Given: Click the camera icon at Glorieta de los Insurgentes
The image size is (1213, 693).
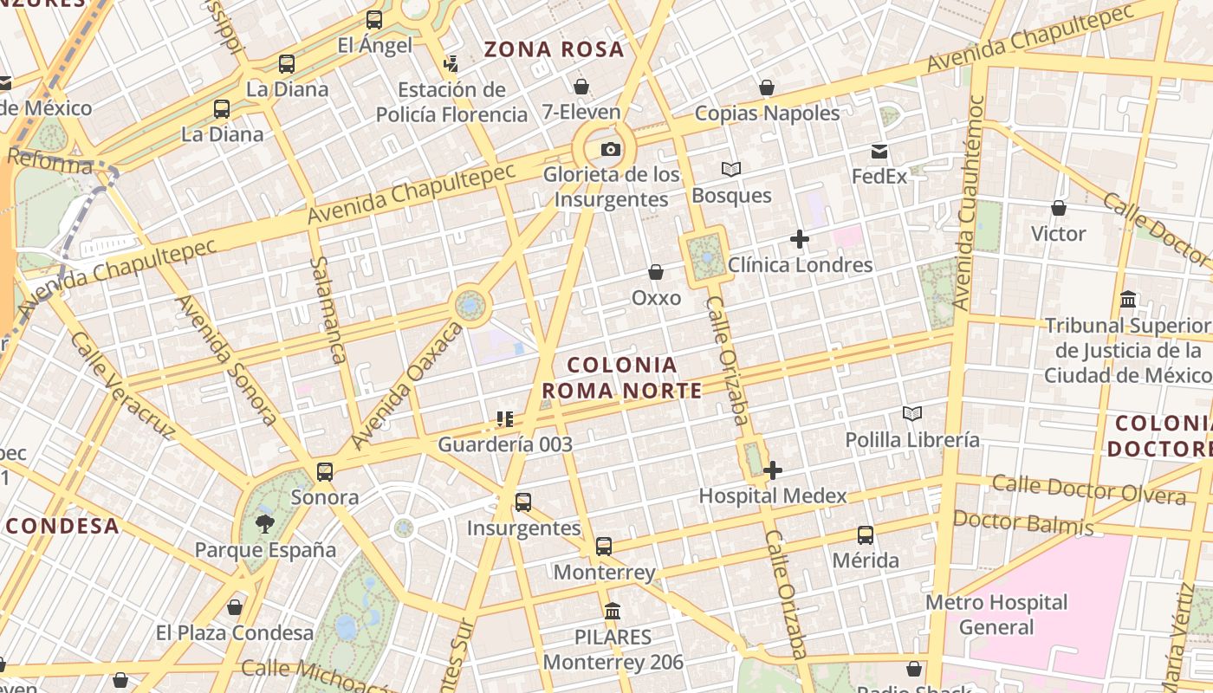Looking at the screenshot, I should (x=611, y=149).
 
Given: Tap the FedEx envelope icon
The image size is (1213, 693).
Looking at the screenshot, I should (x=879, y=152).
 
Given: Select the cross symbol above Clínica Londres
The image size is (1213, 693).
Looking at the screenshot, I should (x=800, y=239).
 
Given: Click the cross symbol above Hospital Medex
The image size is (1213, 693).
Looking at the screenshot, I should (x=773, y=470).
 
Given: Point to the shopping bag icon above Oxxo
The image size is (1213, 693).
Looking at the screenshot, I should (x=656, y=272).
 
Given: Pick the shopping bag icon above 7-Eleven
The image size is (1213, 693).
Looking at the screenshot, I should (x=581, y=87).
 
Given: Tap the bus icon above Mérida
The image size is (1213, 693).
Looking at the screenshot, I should (x=866, y=535).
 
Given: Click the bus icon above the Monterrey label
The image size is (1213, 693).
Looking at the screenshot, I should (x=604, y=547).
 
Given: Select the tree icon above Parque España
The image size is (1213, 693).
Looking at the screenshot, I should (x=265, y=523).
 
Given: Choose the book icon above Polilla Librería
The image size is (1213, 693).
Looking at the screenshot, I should (x=911, y=414).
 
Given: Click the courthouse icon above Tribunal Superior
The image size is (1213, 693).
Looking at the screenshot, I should (x=1128, y=300).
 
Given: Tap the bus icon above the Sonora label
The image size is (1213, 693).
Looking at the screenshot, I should (x=325, y=472).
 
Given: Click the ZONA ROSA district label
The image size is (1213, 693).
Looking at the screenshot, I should (x=554, y=49).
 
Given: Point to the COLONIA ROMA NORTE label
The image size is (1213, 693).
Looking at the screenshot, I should (x=622, y=378).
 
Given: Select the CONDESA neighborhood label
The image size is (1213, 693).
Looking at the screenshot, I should (x=62, y=526).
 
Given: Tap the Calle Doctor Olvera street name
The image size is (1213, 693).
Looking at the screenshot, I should (x=1088, y=489).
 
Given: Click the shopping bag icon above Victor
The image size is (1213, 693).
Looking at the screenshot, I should (x=1058, y=208).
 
